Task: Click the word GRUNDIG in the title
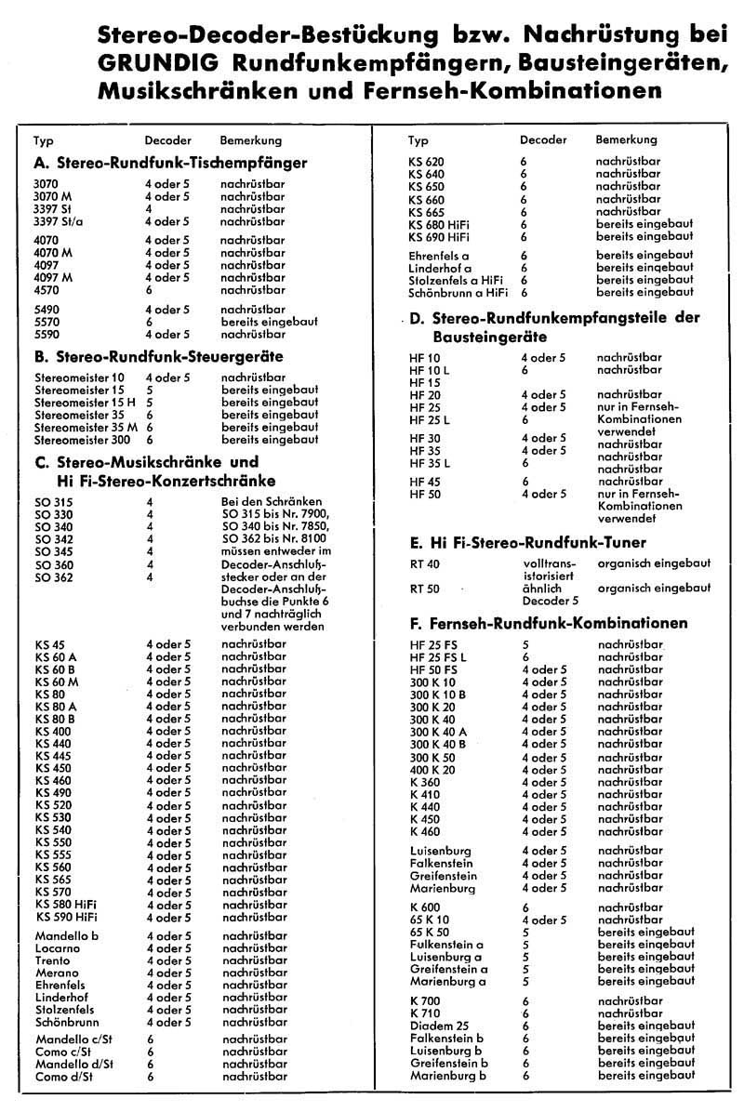pos(157,63)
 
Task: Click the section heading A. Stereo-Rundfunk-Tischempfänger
pos(170,163)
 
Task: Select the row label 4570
pos(46,289)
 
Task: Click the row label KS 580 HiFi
pos(66,905)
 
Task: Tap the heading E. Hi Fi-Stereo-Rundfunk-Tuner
pos(527,542)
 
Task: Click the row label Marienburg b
pos(448,1075)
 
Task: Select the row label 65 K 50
pos(430,931)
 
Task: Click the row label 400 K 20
pos(432,769)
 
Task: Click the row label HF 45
pos(424,481)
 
